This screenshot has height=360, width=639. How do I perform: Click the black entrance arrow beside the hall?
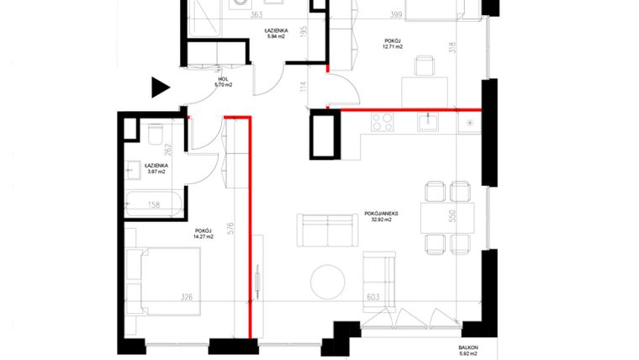pos(159,87)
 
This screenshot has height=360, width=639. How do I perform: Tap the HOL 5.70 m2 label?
pos(223,82)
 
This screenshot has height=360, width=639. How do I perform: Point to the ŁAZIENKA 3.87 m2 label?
pos(156,168)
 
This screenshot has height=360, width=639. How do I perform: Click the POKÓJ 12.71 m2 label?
pos(391,44)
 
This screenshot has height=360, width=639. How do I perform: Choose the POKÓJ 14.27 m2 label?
pos(203,233)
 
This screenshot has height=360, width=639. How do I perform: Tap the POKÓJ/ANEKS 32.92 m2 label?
pos(381,217)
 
